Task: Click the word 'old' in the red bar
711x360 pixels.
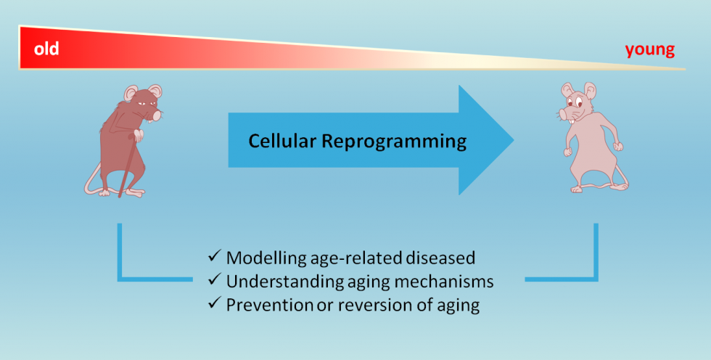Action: click(x=46, y=50)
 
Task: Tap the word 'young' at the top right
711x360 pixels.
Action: click(x=649, y=50)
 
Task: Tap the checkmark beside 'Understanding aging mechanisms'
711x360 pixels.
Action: click(x=214, y=281)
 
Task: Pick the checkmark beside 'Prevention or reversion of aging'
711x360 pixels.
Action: click(x=214, y=304)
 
